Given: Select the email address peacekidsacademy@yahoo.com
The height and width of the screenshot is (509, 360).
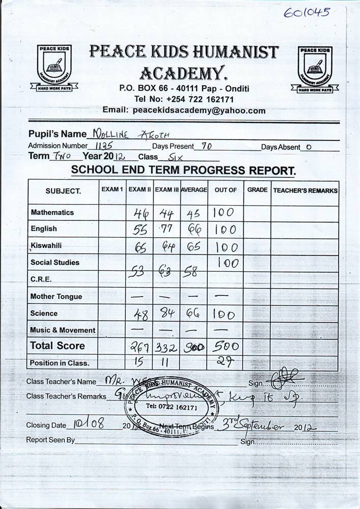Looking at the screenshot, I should [x=199, y=110].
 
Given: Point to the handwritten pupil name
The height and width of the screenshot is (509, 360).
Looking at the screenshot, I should [x=129, y=134].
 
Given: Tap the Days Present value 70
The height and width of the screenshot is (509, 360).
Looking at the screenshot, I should [x=206, y=146].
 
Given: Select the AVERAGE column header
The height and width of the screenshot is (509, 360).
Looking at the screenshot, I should [x=193, y=189].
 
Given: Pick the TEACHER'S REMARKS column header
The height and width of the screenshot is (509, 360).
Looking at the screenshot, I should [x=305, y=190].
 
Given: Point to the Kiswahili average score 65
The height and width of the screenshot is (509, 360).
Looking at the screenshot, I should [x=194, y=247].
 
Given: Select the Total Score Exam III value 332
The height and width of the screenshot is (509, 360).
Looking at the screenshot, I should [x=167, y=347].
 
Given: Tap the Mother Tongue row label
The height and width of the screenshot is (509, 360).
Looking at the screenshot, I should [x=56, y=296].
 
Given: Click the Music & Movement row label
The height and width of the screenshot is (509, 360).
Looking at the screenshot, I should [x=63, y=330].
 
